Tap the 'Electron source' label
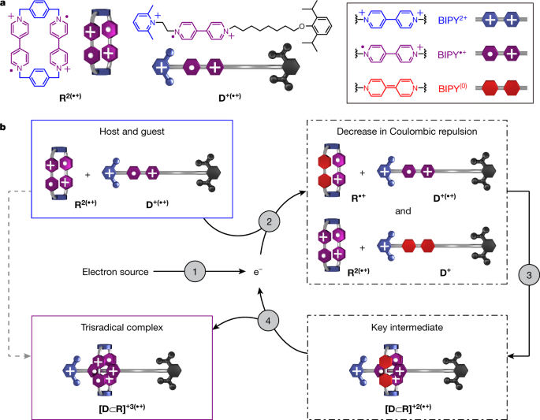[115, 273]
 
